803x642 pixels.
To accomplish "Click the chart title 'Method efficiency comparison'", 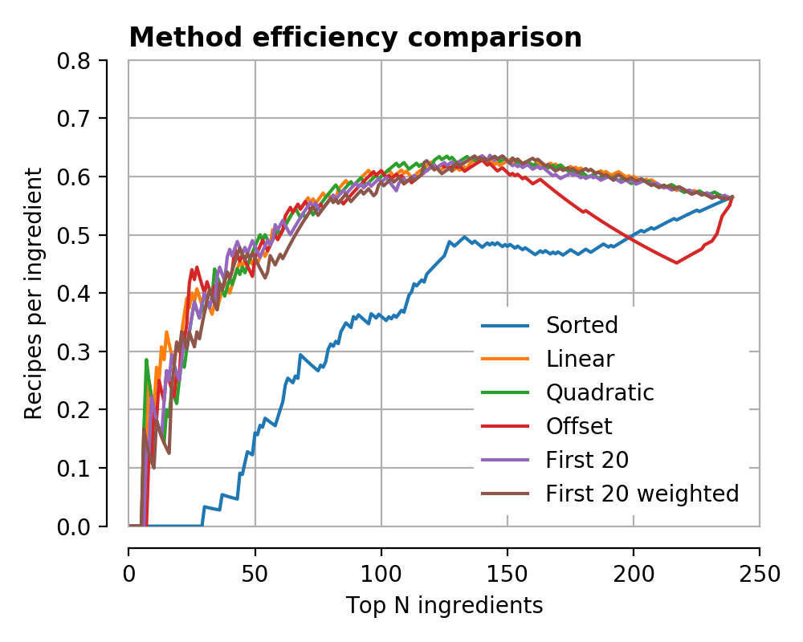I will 355,38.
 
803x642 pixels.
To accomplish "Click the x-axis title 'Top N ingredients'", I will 444,606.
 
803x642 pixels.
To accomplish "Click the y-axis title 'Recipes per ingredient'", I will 33,293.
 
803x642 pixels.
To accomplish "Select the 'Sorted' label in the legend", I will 581,325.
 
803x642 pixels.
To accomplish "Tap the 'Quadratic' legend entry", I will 600,392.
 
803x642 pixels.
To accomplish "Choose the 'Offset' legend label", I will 578,426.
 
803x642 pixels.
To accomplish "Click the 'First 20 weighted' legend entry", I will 642,494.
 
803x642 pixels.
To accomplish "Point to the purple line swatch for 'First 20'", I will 505,460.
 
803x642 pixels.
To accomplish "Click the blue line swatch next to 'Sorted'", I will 505,325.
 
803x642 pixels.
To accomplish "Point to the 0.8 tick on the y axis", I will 77,60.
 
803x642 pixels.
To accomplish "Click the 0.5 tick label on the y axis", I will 77,235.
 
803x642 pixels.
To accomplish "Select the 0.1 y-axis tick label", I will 77,468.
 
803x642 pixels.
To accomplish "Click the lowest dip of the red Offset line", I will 677,262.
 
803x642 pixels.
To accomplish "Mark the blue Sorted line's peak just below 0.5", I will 464,237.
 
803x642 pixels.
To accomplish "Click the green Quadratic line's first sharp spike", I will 146,360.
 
